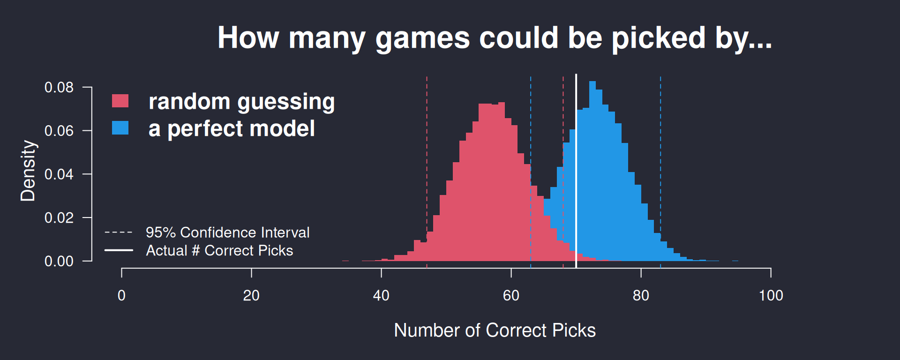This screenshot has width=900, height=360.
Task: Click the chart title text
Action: tap(495, 38)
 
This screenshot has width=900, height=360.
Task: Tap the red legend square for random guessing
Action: tap(120, 101)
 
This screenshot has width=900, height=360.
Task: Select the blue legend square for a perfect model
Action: tap(120, 128)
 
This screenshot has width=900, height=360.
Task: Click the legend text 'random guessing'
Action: tap(241, 102)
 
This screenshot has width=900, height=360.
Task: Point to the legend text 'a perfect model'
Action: tap(232, 129)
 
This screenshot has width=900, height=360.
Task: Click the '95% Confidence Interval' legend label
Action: tap(228, 232)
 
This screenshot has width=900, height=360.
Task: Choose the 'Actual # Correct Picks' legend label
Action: tap(219, 251)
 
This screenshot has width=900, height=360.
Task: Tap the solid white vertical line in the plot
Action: tap(576, 171)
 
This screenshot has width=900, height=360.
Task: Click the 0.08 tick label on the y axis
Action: tap(59, 87)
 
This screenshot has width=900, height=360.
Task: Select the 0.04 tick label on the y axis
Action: tap(59, 174)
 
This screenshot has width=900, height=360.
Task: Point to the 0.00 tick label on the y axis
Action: tap(59, 261)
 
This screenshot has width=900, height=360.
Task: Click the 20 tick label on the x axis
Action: tap(251, 295)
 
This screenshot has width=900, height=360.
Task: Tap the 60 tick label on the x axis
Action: tap(511, 295)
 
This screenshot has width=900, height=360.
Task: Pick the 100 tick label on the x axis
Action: tap(771, 295)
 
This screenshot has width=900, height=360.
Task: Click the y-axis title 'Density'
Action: tap(28, 171)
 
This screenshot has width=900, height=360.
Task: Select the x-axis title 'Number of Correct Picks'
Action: tap(495, 330)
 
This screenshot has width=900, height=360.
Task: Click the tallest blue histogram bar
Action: tap(592, 171)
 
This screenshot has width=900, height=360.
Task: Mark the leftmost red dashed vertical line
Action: tap(427, 172)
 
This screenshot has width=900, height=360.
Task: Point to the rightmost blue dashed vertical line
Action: tap(660, 172)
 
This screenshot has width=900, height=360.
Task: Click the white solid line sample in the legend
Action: tap(119, 250)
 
